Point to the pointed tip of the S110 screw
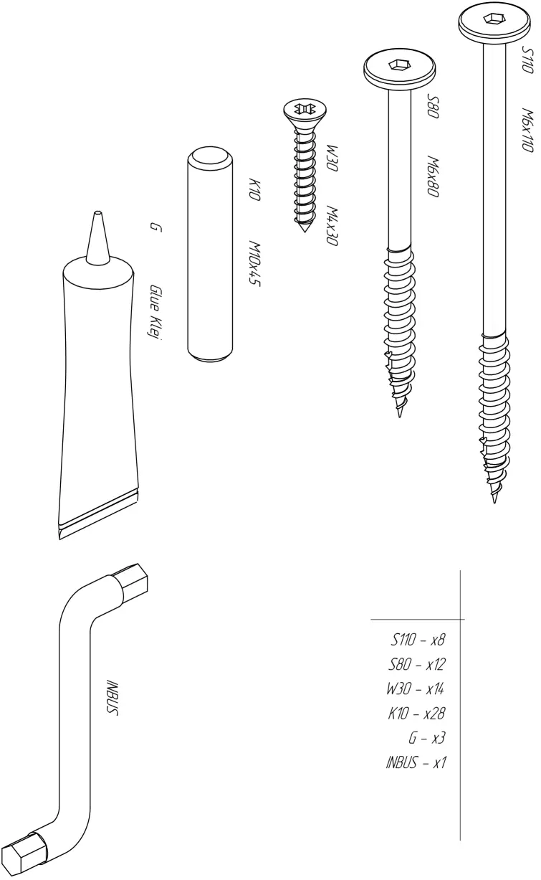494,501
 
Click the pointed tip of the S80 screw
400,415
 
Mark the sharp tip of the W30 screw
305,230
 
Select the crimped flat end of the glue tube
98,515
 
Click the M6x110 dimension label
527,129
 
